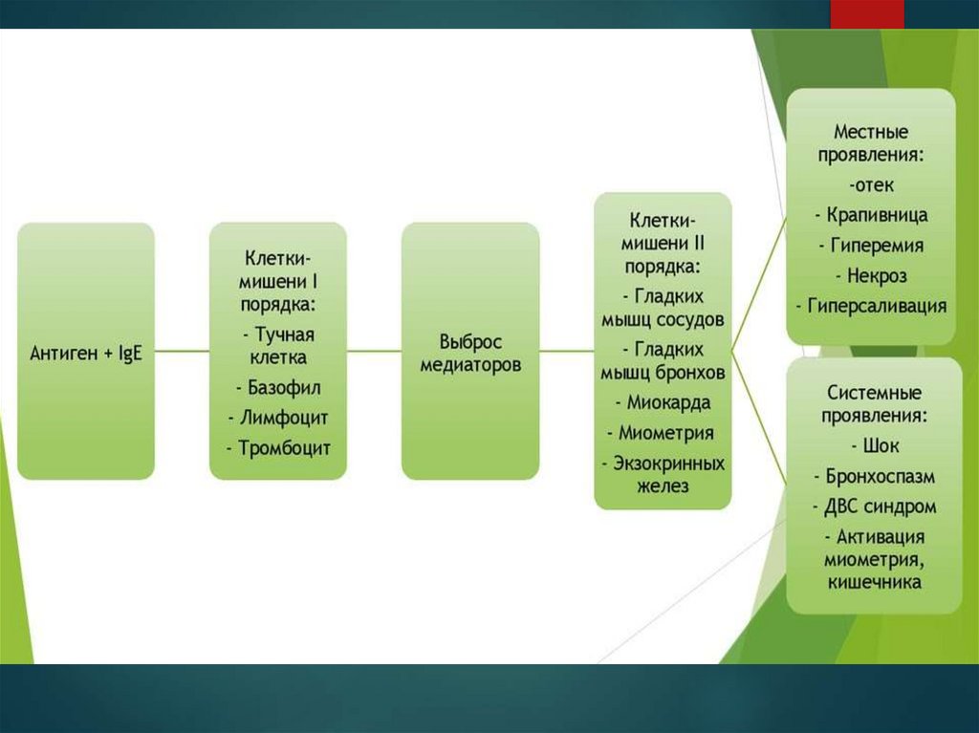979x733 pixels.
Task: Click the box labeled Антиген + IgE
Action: [x=85, y=351]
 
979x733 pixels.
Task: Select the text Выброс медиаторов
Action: [x=470, y=353]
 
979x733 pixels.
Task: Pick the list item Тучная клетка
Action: [x=278, y=345]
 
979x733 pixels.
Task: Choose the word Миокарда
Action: [x=663, y=402]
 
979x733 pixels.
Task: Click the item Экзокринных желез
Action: [x=663, y=473]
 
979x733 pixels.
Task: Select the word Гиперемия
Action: [x=871, y=246]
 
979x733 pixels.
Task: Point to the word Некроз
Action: [x=871, y=276]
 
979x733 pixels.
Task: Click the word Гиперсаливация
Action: [x=871, y=307]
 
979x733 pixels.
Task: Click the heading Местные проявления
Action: [x=871, y=142]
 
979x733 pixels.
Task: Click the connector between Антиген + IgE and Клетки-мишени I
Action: [x=182, y=351]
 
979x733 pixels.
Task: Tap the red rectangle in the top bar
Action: [x=866, y=13]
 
